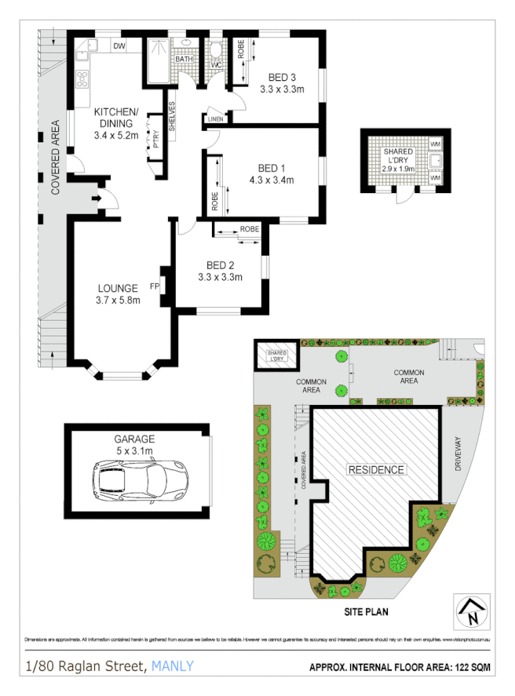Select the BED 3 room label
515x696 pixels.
(x=282, y=77)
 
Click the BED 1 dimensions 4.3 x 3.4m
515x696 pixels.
(x=270, y=180)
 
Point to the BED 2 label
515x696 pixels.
(x=220, y=264)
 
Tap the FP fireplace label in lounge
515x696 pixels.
(x=155, y=287)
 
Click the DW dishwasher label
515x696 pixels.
(x=119, y=47)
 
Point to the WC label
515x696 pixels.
(x=216, y=64)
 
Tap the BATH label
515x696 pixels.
(x=184, y=59)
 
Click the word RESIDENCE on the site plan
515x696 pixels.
(x=377, y=470)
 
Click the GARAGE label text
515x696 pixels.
(x=134, y=439)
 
